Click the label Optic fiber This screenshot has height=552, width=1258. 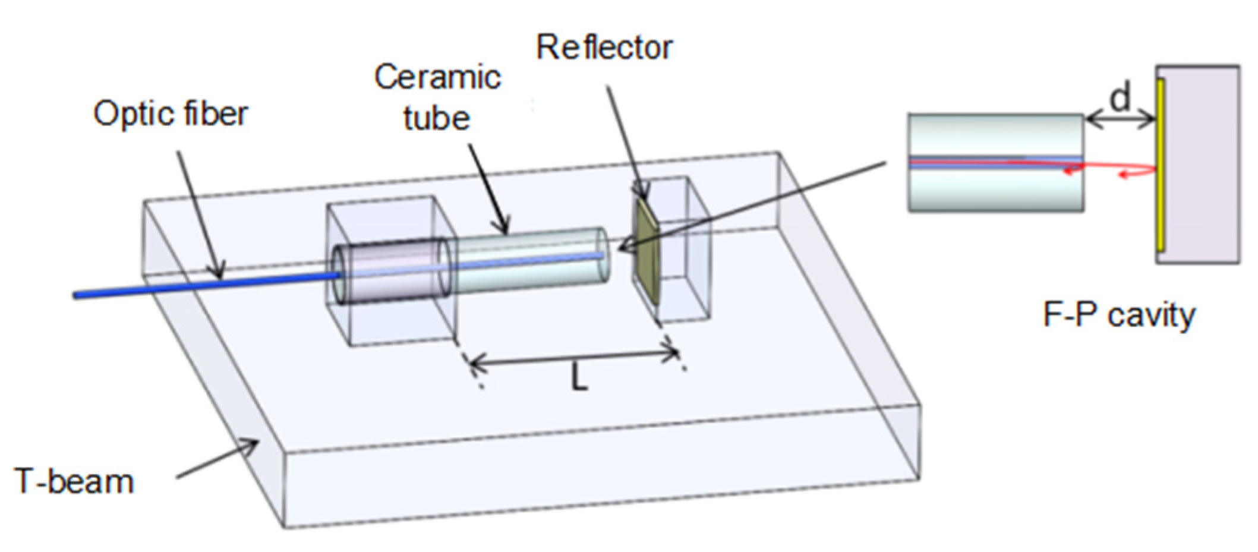tap(171, 113)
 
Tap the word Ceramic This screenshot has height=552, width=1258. tap(438, 77)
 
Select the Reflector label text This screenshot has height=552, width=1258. tap(604, 47)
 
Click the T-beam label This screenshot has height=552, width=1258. tap(74, 481)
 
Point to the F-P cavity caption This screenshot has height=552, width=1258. tap(1118, 315)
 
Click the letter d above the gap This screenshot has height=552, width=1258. tap(1120, 98)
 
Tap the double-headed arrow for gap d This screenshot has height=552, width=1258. tap(1120, 121)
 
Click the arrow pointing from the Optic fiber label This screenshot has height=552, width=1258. tap(199, 214)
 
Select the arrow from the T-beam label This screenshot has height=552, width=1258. tap(217, 458)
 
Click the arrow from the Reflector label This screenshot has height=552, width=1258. tap(627, 143)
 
